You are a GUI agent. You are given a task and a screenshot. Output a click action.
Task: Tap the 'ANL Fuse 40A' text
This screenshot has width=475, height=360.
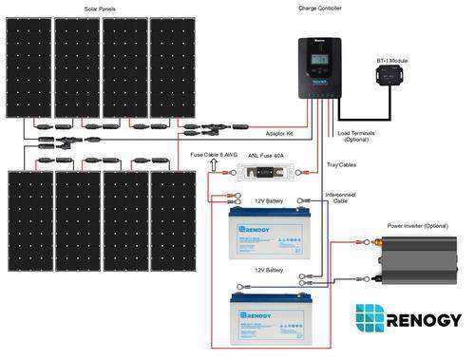click(267, 155)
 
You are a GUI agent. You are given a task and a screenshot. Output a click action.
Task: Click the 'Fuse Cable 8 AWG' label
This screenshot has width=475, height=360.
click(213, 155)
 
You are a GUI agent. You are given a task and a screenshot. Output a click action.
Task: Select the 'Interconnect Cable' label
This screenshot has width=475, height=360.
click(341, 197)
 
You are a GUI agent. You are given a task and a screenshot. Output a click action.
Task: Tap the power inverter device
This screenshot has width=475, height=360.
click(417, 262)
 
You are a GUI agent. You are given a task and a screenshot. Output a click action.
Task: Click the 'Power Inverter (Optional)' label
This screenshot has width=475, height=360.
click(422, 226)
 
